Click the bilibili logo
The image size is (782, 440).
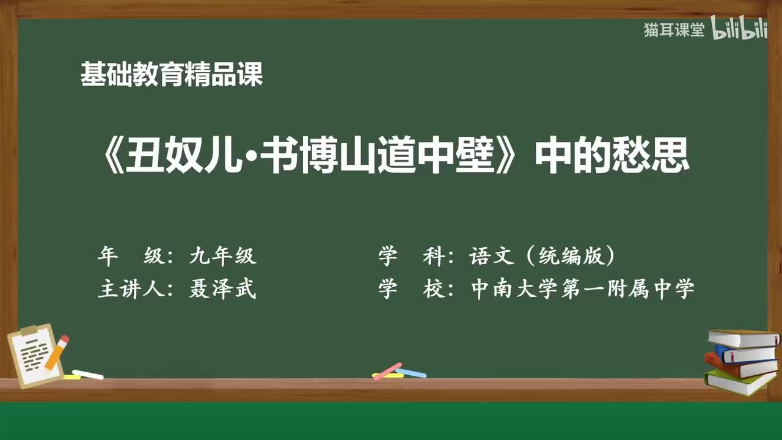tap(739, 30)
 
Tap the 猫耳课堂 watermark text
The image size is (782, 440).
tap(674, 30)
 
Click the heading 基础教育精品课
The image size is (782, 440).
tap(172, 75)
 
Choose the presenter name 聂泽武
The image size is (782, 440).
tap(222, 288)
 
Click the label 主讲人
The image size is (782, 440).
tap(128, 288)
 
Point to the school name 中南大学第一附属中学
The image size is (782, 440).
tap(583, 288)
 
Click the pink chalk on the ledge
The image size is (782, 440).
tap(387, 370)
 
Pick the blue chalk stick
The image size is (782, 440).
tap(412, 373)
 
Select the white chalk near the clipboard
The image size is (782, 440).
tap(88, 374)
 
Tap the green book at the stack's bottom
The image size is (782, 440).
tap(739, 383)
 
